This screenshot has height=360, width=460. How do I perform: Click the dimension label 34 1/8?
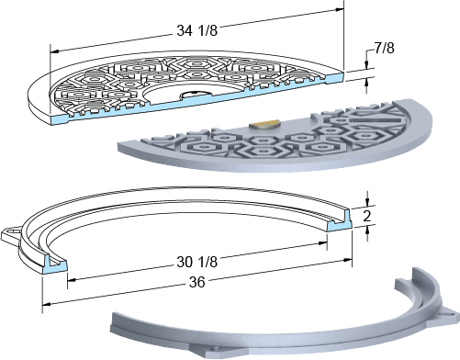pyautogui.click(x=196, y=30)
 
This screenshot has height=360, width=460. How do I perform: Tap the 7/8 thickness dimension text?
pyautogui.click(x=384, y=48)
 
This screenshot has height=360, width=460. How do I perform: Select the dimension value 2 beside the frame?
pyautogui.click(x=366, y=217)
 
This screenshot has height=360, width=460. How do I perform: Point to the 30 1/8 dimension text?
pyautogui.click(x=196, y=262)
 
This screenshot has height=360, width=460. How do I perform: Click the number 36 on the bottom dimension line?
pyautogui.click(x=196, y=282)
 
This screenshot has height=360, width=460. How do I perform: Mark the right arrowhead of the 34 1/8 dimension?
pyautogui.click(x=340, y=9)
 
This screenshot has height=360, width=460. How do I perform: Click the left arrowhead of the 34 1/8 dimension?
pyautogui.click(x=54, y=51)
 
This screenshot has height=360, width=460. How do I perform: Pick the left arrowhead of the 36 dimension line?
pyautogui.click(x=47, y=304)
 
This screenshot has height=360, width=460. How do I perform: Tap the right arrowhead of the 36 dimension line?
pyautogui.click(x=347, y=260)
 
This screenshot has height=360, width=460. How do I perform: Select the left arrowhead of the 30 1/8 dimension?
pyautogui.click(x=72, y=279)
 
